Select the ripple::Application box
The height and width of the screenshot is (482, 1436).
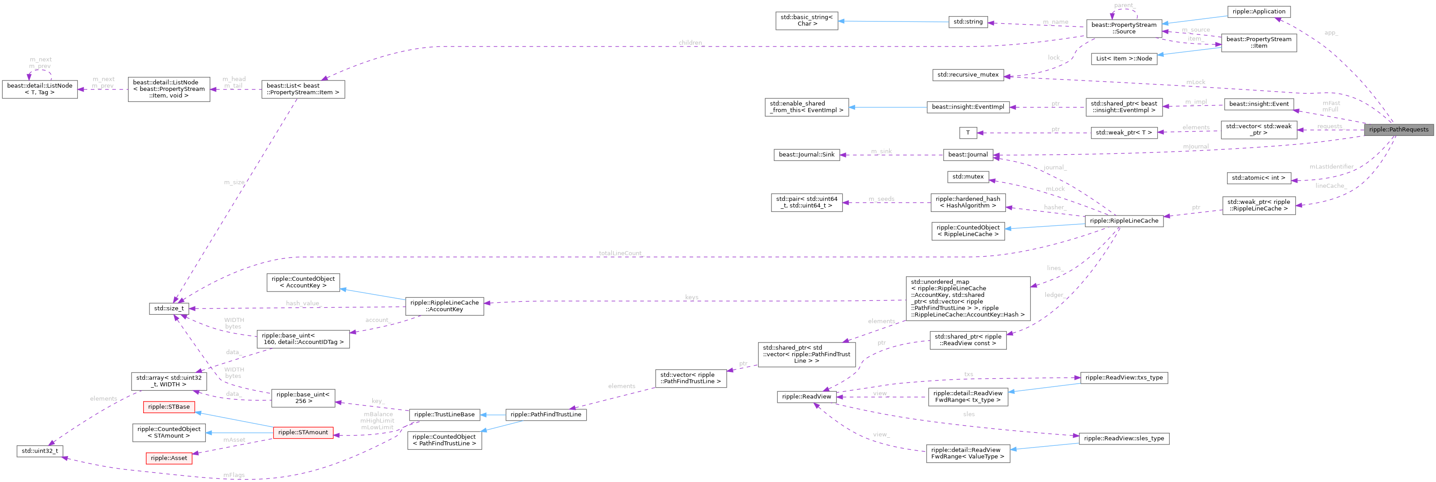1258,12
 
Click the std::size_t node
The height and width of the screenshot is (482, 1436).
169,308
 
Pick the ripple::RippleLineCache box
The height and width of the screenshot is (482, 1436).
1123,221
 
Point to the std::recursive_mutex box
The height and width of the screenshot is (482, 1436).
968,75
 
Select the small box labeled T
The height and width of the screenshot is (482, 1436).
968,133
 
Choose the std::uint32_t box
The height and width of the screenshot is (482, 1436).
39,451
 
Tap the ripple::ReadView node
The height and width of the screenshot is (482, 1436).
806,397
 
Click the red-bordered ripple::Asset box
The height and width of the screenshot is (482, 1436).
169,458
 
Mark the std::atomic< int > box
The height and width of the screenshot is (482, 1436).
1258,178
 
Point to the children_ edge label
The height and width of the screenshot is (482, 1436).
690,43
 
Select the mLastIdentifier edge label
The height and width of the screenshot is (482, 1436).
1331,167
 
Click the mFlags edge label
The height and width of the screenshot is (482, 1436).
234,475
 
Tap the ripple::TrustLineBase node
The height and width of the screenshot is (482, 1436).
444,414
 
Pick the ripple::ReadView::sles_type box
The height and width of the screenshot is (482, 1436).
1124,439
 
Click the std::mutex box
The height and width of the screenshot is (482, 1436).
968,177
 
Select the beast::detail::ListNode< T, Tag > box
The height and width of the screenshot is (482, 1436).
39,89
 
